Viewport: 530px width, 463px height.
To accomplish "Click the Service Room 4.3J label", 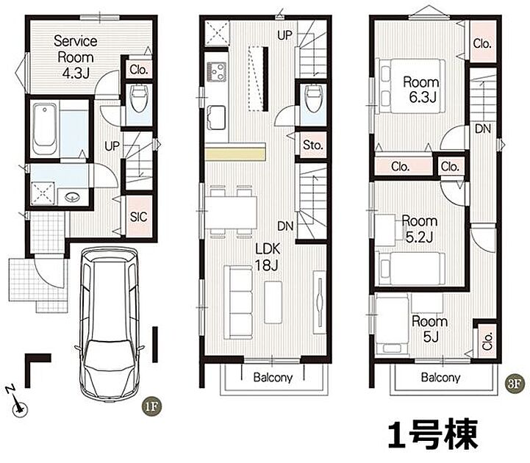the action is click(x=76, y=57).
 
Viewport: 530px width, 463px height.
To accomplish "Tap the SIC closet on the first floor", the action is click(x=139, y=216).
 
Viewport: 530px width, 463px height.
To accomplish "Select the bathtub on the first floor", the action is click(x=45, y=129).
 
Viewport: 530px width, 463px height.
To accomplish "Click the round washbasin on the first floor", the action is click(x=71, y=196).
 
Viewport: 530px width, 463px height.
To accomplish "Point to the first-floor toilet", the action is click(x=139, y=98).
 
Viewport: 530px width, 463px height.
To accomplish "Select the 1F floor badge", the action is click(x=151, y=406).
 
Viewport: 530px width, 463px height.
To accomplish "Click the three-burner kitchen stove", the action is click(x=216, y=72).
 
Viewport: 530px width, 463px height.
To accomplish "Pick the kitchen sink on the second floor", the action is click(x=216, y=118).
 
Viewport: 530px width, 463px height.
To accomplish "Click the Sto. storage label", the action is click(x=313, y=145).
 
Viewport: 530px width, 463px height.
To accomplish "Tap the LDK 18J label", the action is click(x=268, y=256).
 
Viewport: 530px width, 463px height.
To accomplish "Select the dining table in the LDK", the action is click(x=231, y=212).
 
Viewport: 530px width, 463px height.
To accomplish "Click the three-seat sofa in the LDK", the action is click(x=238, y=302).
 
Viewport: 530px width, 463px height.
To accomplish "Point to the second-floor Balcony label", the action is click(x=273, y=377).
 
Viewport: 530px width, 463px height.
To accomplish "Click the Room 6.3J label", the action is click(x=421, y=90).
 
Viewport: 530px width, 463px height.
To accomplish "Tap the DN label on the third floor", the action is click(x=483, y=129).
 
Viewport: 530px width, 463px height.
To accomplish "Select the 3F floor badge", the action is click(x=515, y=384).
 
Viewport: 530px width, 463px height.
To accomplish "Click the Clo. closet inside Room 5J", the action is click(x=487, y=340).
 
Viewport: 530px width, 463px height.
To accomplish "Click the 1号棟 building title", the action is click(x=433, y=434).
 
